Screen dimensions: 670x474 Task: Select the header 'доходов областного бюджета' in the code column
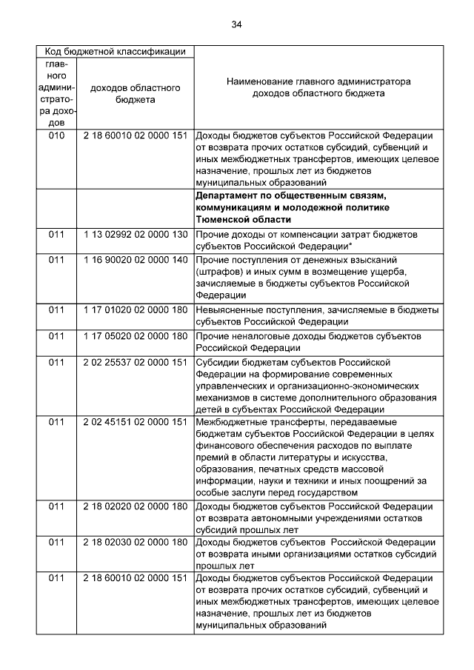(135, 93)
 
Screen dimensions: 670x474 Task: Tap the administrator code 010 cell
(57, 136)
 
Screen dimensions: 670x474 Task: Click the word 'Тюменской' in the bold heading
(224, 221)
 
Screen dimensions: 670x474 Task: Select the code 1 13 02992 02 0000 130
(135, 234)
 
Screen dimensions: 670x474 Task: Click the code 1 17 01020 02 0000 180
(135, 309)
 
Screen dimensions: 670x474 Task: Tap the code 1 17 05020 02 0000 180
(135, 336)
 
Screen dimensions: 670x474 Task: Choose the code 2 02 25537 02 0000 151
(135, 362)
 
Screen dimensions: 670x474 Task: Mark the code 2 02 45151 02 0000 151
(135, 422)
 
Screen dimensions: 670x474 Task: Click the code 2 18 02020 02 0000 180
(135, 506)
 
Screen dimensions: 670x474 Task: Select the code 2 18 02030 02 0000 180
(135, 543)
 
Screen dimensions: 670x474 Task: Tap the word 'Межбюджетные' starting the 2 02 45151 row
(233, 422)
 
